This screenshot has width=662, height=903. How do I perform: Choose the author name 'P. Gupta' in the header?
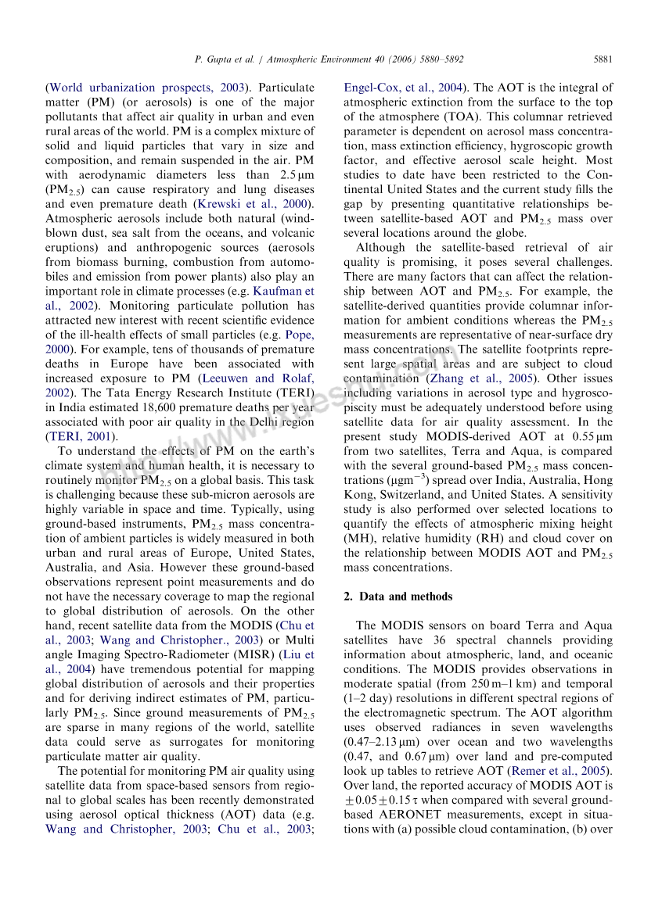(213, 59)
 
